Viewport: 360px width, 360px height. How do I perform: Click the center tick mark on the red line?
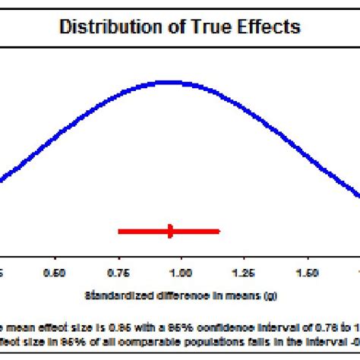pyautogui.click(x=170, y=230)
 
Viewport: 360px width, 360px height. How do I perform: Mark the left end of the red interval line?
pyautogui.click(x=119, y=230)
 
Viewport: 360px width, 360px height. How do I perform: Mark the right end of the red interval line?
pyautogui.click(x=219, y=230)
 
